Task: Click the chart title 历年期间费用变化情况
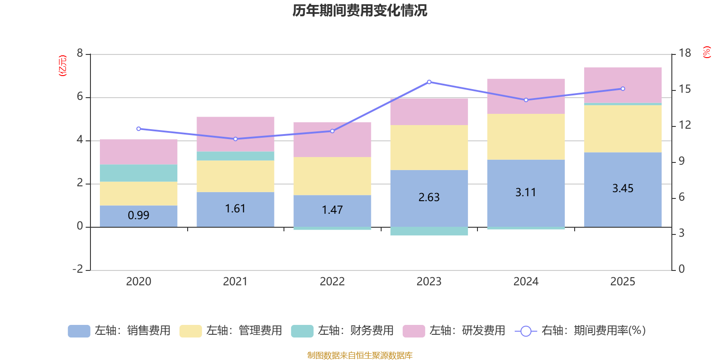coord(360,10)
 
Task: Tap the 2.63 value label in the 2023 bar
coord(429,197)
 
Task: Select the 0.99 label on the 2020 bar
coord(139,215)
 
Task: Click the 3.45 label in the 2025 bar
coord(623,188)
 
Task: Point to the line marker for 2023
coord(429,82)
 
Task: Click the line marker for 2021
coord(235,139)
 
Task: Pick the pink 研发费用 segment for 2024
coord(526,96)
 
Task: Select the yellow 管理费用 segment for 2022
coord(332,176)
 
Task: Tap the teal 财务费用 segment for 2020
coord(139,173)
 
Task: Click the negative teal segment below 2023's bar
coord(429,231)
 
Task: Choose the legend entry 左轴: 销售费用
coord(119,331)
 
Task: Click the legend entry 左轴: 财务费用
coord(342,331)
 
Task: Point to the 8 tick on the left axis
coord(80,54)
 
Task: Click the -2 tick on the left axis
coord(78,269)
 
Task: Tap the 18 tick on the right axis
coord(685,53)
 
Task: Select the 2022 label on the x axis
coord(332,282)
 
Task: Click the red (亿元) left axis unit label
coord(63,66)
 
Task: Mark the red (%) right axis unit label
coord(707,52)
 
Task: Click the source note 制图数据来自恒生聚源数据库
coord(360,355)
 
